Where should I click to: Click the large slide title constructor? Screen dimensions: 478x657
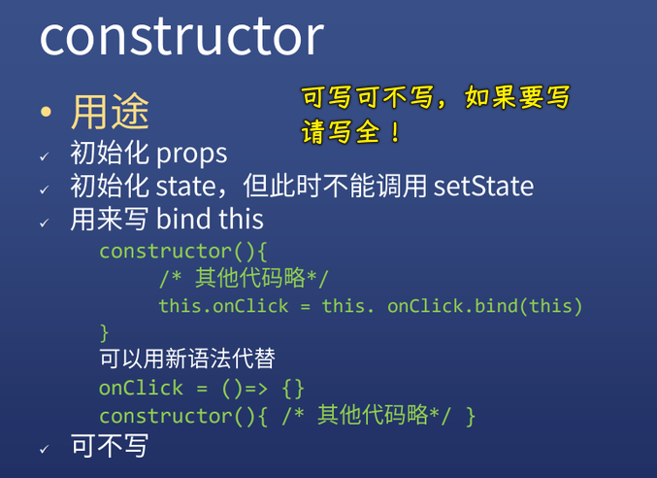coord(181,36)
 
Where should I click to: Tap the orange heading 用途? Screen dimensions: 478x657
coord(110,112)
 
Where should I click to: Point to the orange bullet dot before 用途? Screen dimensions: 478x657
coord(46,113)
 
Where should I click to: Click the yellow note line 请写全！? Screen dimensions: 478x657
coord(351,132)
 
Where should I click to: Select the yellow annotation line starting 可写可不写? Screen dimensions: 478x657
coord(436,98)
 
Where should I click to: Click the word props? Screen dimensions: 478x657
coord(191,154)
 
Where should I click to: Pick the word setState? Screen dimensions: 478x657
coord(483,186)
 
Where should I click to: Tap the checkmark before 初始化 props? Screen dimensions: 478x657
coord(44,156)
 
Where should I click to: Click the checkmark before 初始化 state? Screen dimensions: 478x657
coord(44,188)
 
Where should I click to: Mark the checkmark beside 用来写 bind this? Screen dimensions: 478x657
coord(44,222)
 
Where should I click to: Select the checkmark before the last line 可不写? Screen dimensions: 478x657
coord(44,448)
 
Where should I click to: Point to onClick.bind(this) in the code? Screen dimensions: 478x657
coord(485,306)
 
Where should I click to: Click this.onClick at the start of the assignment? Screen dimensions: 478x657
coord(223,306)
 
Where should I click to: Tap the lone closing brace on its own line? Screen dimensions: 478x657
coord(105,333)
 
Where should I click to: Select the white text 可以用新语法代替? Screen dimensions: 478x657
coord(186,359)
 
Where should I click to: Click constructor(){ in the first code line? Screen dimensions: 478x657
coord(182,251)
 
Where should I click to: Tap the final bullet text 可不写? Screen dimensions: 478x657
coord(110,445)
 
